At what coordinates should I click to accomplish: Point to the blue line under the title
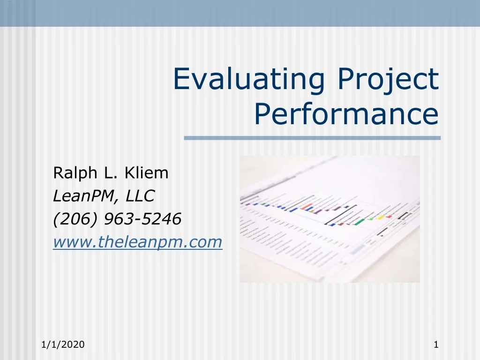coord(312,138)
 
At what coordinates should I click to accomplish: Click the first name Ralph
coord(74,173)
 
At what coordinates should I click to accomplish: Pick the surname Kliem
coord(146,173)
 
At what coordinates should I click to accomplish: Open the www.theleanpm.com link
coord(137,242)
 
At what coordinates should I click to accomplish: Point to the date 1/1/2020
coord(63,345)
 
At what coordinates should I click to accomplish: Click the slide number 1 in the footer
coord(436,345)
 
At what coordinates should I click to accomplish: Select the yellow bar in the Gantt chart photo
coord(381,217)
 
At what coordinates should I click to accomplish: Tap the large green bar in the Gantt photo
coord(359,222)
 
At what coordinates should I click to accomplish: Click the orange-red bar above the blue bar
coord(308,206)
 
